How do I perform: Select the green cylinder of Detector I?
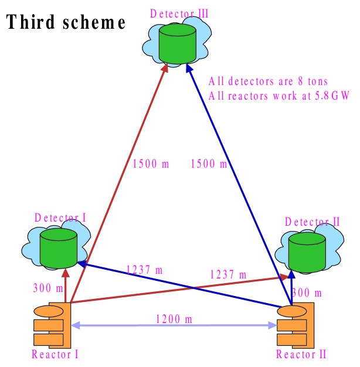(x=59, y=249)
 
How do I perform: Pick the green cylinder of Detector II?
(x=307, y=253)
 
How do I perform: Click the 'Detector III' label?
(x=179, y=13)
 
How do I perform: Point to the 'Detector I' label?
(x=60, y=218)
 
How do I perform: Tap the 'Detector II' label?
(x=313, y=222)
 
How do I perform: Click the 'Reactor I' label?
(x=55, y=354)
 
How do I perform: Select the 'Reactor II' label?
(x=301, y=354)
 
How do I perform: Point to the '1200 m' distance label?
(x=174, y=319)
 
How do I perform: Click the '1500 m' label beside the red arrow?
(x=151, y=164)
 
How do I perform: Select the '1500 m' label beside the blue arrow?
(x=208, y=164)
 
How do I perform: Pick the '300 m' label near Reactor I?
(x=47, y=288)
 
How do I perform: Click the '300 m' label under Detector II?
(x=307, y=292)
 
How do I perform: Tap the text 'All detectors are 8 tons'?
(x=268, y=81)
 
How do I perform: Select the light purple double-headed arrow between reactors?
(x=174, y=325)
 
